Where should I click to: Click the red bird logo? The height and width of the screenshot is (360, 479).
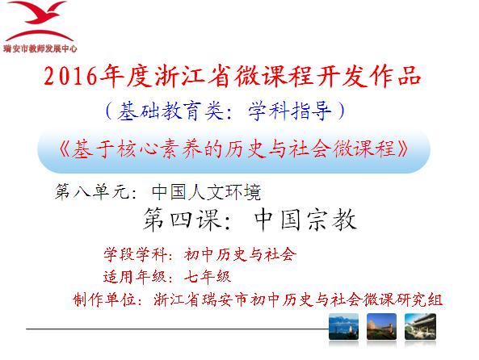pos(39,21)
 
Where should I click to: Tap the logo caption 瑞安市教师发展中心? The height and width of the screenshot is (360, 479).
pos(40,48)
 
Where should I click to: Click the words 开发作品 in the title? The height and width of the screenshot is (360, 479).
pos(368,76)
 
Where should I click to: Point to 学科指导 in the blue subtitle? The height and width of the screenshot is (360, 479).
pos(289,111)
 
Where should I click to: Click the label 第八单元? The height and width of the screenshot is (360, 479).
pos(92,192)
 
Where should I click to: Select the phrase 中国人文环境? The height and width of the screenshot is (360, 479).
pos(206,192)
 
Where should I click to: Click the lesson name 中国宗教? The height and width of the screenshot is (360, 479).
pos(305,220)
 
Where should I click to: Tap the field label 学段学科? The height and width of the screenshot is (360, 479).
pos(136,254)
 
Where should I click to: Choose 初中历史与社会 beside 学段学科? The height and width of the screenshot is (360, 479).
pos(241,254)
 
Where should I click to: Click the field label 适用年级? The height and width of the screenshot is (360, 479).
pos(136,277)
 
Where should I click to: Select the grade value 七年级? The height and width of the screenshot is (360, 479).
pos(208,277)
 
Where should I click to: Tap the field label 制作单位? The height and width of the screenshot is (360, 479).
pos(104,299)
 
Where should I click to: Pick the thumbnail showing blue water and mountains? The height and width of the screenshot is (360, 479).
pos(343,326)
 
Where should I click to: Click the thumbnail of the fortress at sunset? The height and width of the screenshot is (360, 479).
pos(381,326)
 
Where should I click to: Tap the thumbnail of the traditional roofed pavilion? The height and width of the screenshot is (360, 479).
pos(420,326)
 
